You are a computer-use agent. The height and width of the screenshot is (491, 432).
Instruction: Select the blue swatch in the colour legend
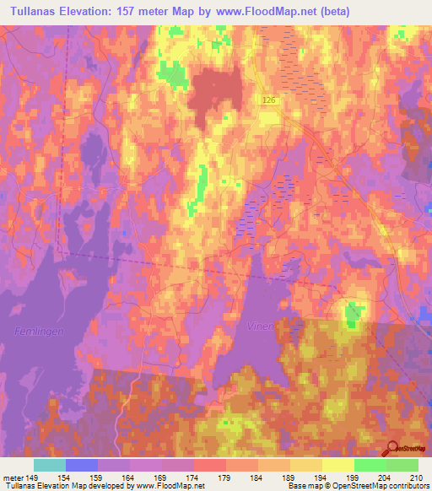tap(81, 465)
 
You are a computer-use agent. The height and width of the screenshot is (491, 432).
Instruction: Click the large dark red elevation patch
tap(216, 97)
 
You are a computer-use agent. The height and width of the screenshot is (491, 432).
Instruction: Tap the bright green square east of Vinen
tap(354, 314)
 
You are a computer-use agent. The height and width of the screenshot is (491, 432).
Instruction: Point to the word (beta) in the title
tap(331, 11)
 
